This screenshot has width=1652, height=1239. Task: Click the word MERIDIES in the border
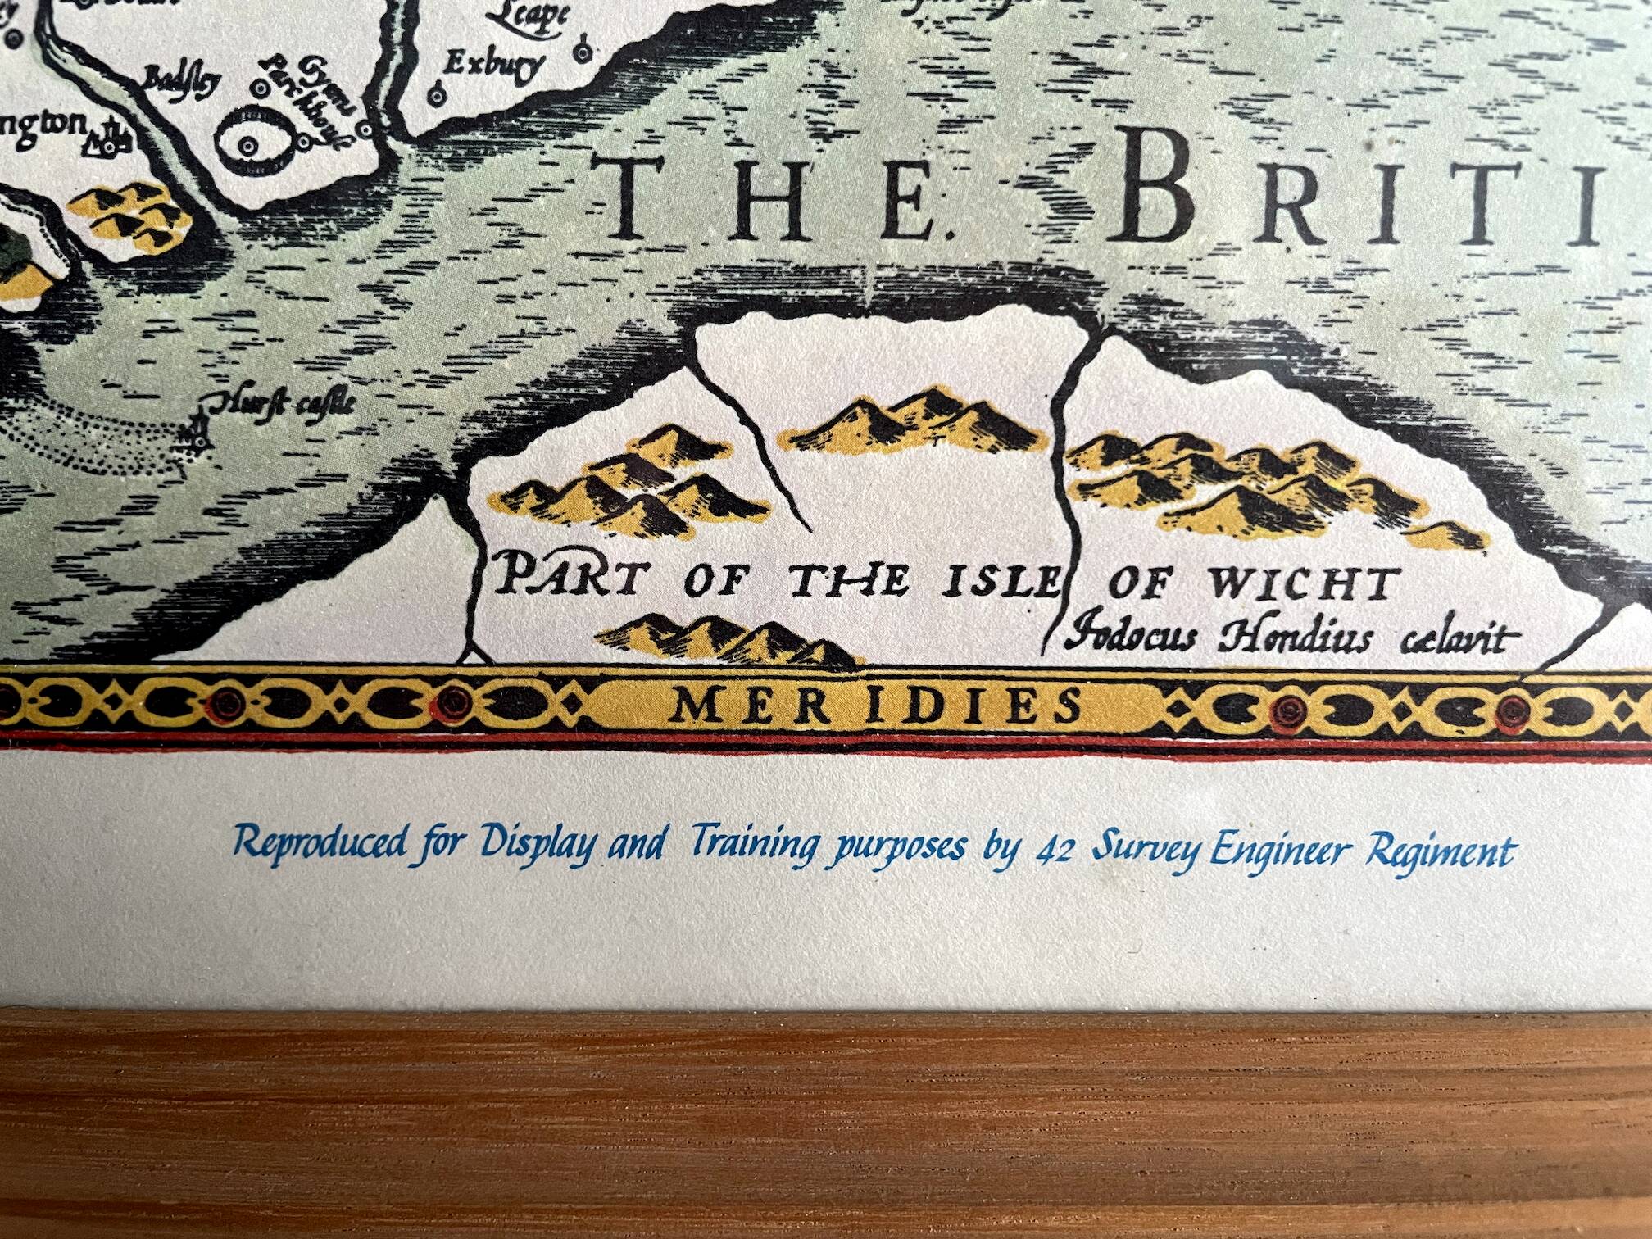pos(875,706)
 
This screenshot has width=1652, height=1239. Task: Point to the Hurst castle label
pos(286,402)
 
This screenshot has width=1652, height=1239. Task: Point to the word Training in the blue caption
pos(755,846)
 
